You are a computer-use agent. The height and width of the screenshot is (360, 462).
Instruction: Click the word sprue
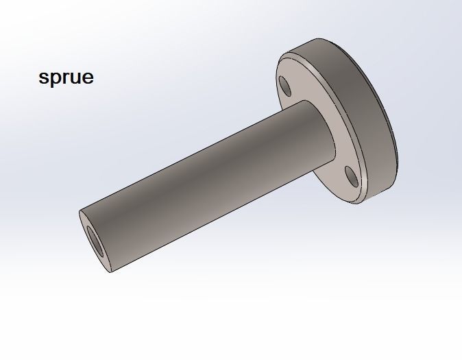(66, 77)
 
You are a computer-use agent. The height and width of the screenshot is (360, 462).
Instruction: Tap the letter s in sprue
(43, 78)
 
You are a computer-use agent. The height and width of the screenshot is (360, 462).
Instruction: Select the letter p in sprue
(55, 80)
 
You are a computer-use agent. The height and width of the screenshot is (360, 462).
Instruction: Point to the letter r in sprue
(65, 78)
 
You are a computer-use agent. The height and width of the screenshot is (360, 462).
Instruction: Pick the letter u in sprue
(75, 78)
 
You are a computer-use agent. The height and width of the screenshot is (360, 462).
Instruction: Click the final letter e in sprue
(87, 78)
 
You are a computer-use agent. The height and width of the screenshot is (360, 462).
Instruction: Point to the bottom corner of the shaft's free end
(109, 272)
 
